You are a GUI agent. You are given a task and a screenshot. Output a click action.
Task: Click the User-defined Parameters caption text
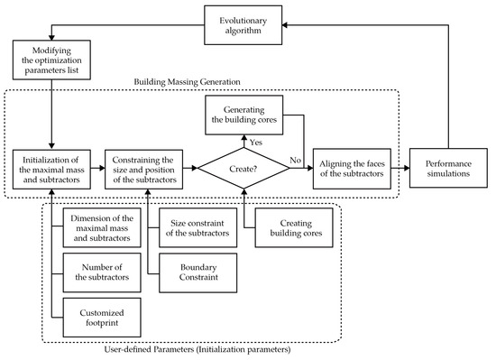coord(191,350)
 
